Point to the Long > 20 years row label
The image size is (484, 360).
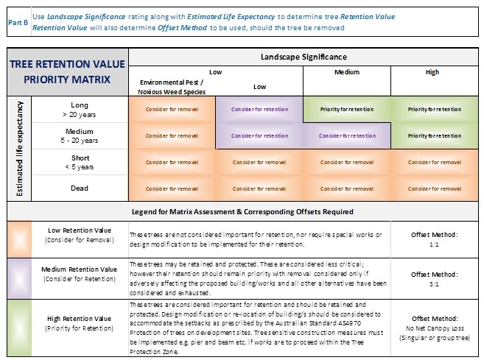click(x=79, y=110)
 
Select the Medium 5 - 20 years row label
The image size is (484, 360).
click(x=79, y=135)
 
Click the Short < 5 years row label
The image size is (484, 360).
click(x=79, y=162)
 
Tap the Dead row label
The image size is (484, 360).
click(x=79, y=188)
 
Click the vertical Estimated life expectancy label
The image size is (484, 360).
click(x=16, y=148)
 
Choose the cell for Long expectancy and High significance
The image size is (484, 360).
click(x=435, y=109)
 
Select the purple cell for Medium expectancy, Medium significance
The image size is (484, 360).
click(x=346, y=135)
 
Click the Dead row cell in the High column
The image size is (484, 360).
click(x=435, y=188)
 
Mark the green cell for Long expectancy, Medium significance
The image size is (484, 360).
click(x=346, y=109)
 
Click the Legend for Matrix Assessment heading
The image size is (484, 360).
click(x=243, y=211)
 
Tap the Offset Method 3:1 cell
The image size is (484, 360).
click(x=435, y=275)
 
